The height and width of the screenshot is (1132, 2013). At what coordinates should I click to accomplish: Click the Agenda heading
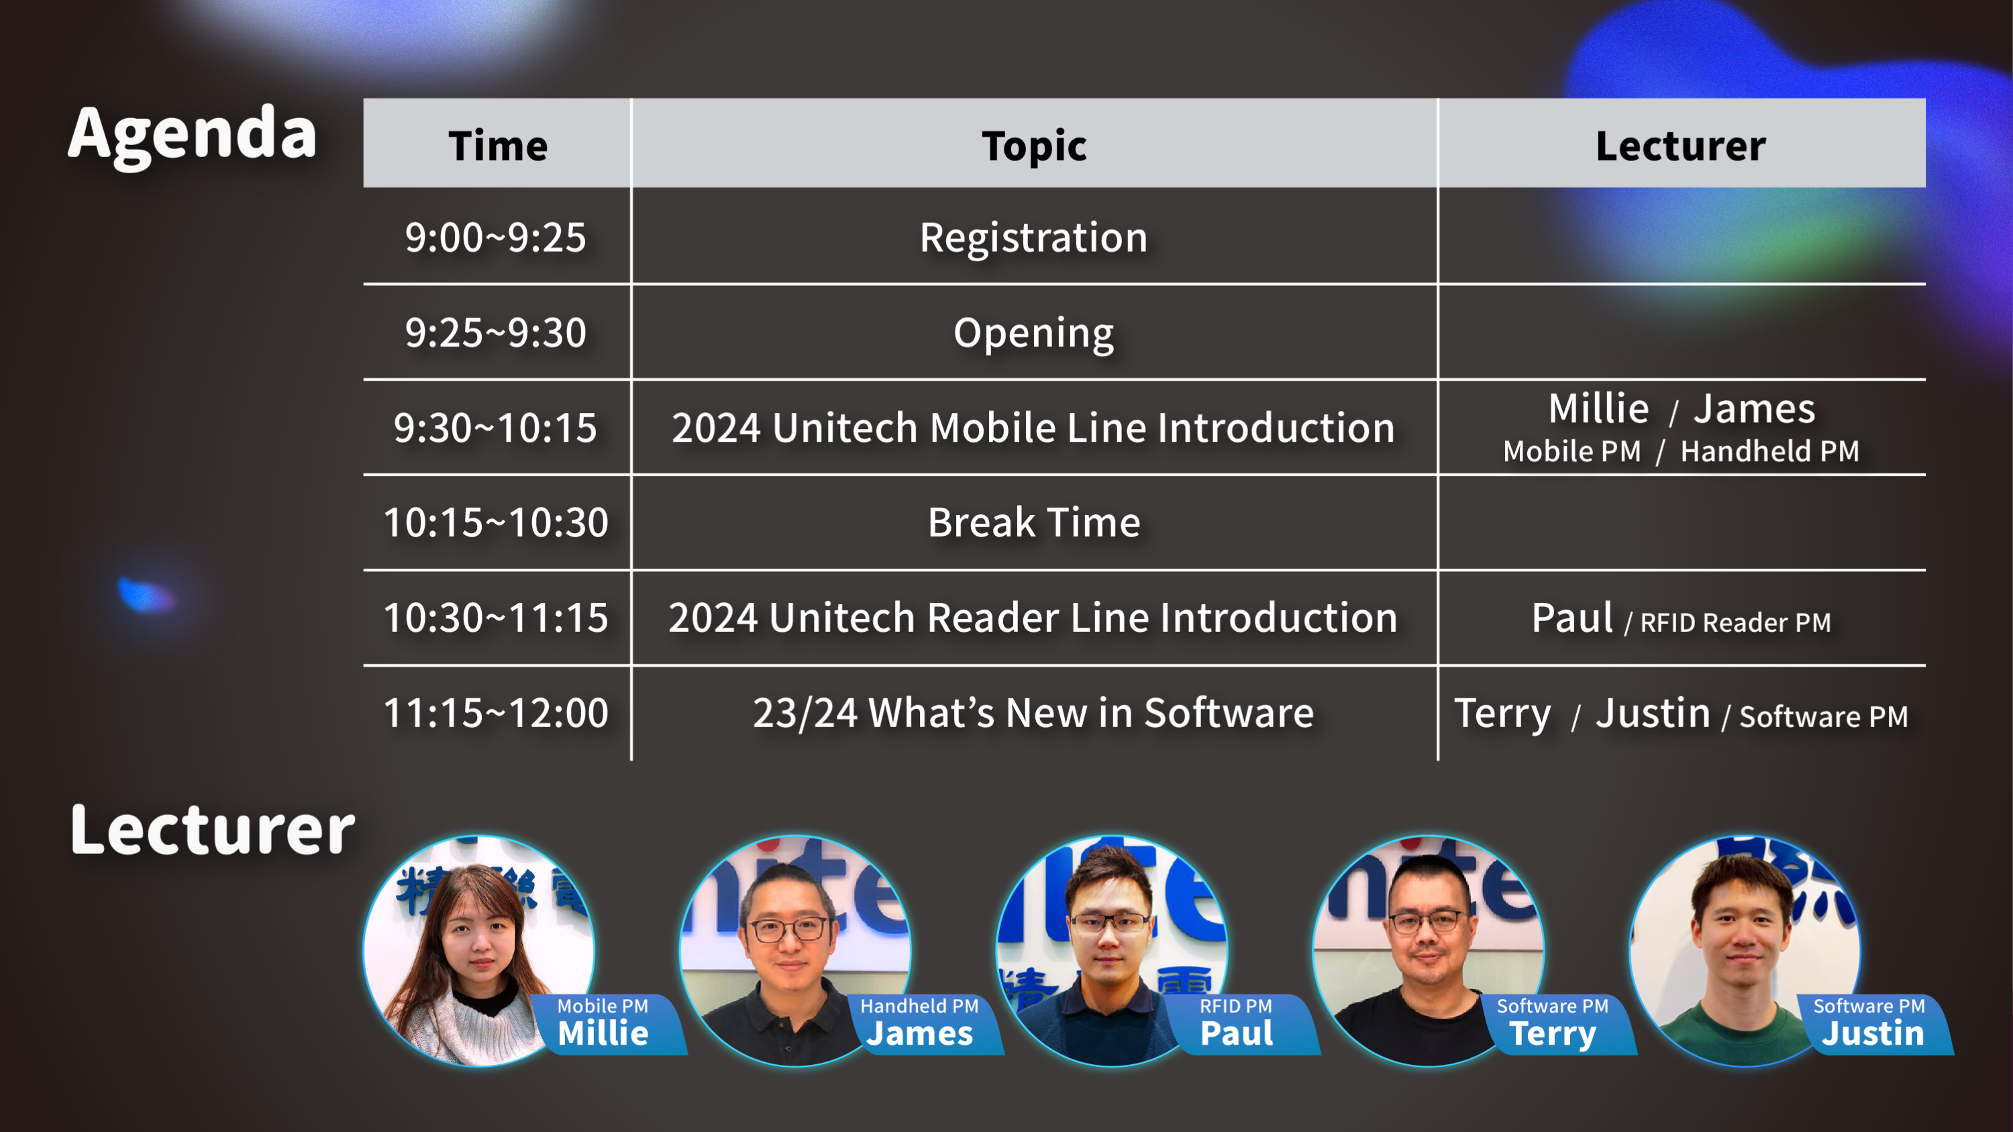tap(192, 134)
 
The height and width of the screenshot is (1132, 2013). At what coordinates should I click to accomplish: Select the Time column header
tap(498, 146)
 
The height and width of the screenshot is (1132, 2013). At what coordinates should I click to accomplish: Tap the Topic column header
tap(1034, 146)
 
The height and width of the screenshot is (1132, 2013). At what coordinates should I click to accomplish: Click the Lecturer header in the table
tap(1680, 146)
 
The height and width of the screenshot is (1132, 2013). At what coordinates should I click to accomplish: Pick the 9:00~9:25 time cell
tap(495, 237)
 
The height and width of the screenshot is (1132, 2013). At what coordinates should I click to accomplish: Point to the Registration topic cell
tap(1034, 238)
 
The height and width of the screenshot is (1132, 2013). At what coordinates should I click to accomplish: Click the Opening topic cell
tap(1034, 334)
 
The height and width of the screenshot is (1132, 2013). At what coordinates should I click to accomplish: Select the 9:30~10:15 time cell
tap(495, 428)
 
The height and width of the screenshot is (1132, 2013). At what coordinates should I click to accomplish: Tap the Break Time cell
tap(1034, 522)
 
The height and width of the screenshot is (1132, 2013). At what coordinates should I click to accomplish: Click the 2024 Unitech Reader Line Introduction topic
tap(1033, 618)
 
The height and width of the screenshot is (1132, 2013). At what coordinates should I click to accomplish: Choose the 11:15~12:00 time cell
tap(495, 713)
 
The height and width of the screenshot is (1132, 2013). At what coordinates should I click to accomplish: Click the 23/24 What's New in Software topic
tap(1033, 713)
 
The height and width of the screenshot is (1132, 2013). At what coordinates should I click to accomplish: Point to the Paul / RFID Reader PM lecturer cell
tap(1681, 618)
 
